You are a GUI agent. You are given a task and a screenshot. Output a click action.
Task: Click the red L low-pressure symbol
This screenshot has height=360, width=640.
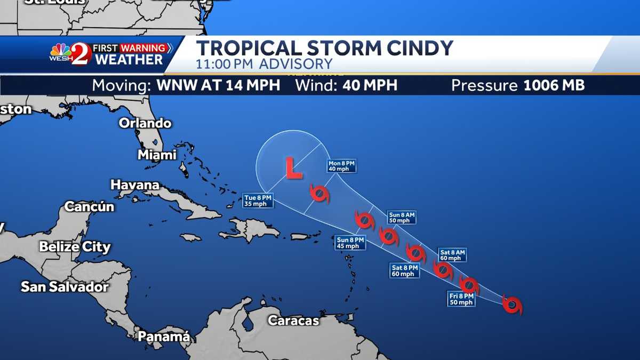pos(293,167)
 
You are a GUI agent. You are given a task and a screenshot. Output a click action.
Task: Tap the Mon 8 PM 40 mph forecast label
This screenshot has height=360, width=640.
pos(342,166)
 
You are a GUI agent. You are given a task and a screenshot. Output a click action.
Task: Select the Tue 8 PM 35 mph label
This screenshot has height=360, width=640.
pos(258,201)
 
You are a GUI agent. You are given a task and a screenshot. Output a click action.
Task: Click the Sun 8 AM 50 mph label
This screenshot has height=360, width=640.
pos(402,218)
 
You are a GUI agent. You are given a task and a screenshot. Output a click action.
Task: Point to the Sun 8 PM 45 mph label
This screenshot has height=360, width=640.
pos(350,243)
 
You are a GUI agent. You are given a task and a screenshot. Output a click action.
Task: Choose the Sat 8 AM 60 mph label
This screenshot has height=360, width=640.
pos(452,255)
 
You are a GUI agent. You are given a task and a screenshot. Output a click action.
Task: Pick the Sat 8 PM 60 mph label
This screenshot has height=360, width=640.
pos(404,270)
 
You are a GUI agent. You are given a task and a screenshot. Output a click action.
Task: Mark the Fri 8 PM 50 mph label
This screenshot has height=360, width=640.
pos(461,299)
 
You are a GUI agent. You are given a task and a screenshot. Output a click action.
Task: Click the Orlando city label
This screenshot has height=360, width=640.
pos(145,123)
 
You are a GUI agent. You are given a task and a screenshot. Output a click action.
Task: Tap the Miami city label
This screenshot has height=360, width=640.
pos(157,155)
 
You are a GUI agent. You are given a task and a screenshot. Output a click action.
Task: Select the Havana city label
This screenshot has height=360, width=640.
pos(135,185)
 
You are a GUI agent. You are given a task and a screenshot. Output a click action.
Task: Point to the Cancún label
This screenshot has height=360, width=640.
pos(90,206)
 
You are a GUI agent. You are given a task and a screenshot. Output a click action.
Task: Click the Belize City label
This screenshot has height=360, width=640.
pos(75,247)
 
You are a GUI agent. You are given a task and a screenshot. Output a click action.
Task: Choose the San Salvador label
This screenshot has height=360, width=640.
pos(65,286)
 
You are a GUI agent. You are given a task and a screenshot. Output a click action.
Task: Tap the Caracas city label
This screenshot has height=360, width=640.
pos(293,321)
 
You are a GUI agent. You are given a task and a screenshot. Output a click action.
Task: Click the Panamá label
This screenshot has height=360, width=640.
pos(164,337)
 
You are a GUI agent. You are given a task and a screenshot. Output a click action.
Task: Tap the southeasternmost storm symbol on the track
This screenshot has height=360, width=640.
pos(512,305)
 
